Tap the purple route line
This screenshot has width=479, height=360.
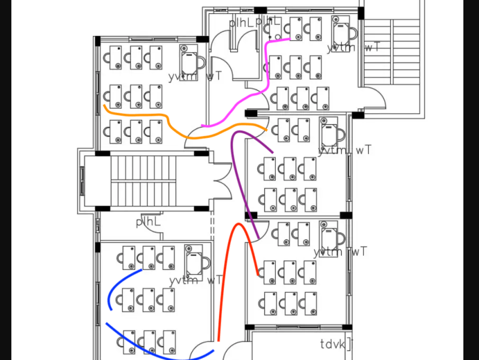coord(239,180)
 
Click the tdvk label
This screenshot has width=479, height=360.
coord(333,344)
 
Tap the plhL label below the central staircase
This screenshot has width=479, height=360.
coord(148,222)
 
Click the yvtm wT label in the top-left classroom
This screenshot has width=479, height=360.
coord(195,76)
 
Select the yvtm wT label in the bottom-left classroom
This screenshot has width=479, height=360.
coord(196,280)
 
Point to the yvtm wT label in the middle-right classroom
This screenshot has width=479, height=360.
coord(345,150)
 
